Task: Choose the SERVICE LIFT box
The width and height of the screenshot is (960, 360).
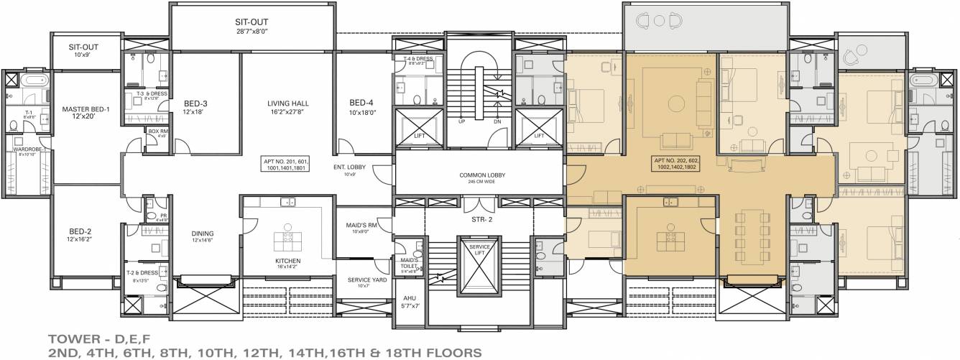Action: tap(479, 251)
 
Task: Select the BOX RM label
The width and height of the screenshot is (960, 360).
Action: tap(157, 132)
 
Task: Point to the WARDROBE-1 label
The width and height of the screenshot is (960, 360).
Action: tap(29, 151)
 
